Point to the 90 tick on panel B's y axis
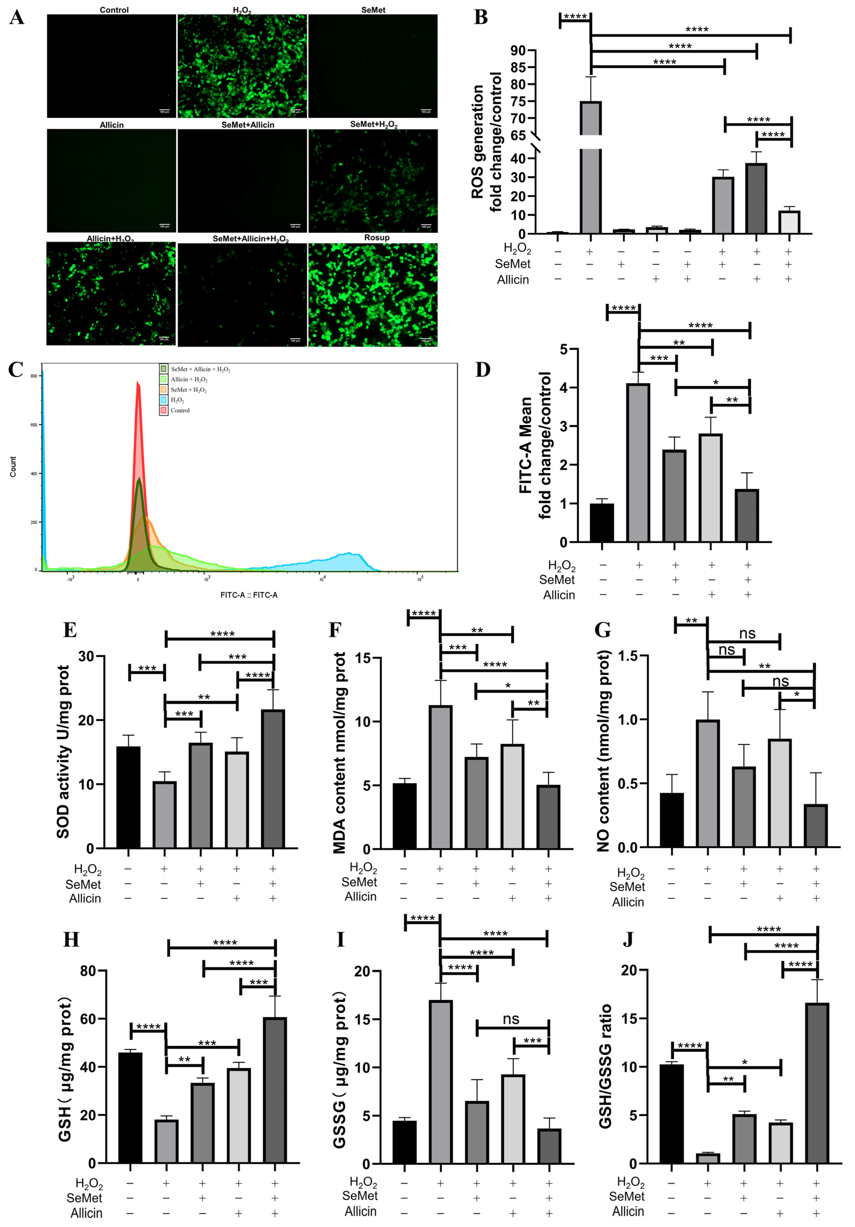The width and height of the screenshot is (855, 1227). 517,51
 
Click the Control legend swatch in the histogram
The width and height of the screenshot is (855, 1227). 163,410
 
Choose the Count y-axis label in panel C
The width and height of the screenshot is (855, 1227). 13,467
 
